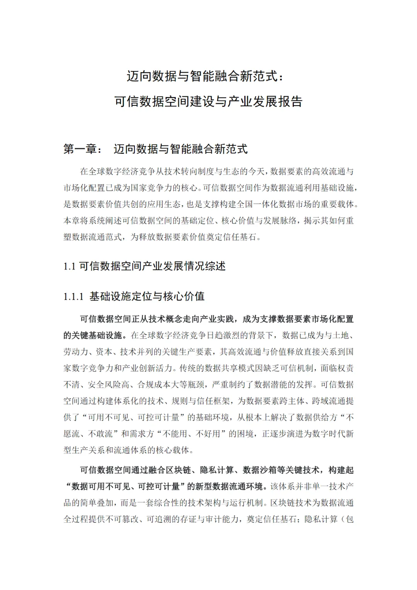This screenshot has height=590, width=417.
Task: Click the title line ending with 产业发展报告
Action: (x=208, y=101)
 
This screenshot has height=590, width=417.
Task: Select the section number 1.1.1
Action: (x=73, y=297)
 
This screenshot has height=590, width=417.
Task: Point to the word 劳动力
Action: (x=76, y=352)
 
